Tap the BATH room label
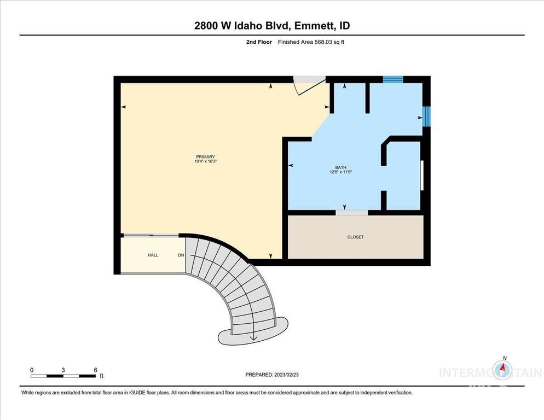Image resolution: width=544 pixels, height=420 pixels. tap(341, 167)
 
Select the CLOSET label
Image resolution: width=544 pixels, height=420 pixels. tap(355, 237)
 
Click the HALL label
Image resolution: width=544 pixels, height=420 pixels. tap(153, 255)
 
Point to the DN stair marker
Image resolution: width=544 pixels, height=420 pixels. tap(181, 255)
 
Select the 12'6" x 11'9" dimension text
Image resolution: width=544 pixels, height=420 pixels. tap(341, 173)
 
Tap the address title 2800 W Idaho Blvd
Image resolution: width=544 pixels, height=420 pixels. tap(271, 26)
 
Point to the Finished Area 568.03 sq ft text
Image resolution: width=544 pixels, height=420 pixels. tap(311, 42)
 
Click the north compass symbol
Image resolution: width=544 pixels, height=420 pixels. tap(502, 371)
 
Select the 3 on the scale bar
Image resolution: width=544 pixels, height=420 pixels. tap(63, 370)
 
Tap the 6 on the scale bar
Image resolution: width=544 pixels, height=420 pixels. tap(95, 370)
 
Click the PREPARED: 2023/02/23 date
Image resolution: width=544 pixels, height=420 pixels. tap(272, 375)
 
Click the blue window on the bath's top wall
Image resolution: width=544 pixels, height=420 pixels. tap(392, 79)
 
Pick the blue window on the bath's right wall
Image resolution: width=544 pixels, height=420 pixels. tap(426, 115)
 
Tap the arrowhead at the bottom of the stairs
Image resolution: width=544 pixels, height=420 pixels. tap(253, 339)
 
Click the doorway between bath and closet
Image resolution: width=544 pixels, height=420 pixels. tap(351, 212)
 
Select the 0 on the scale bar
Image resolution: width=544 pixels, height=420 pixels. tap(32, 370)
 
